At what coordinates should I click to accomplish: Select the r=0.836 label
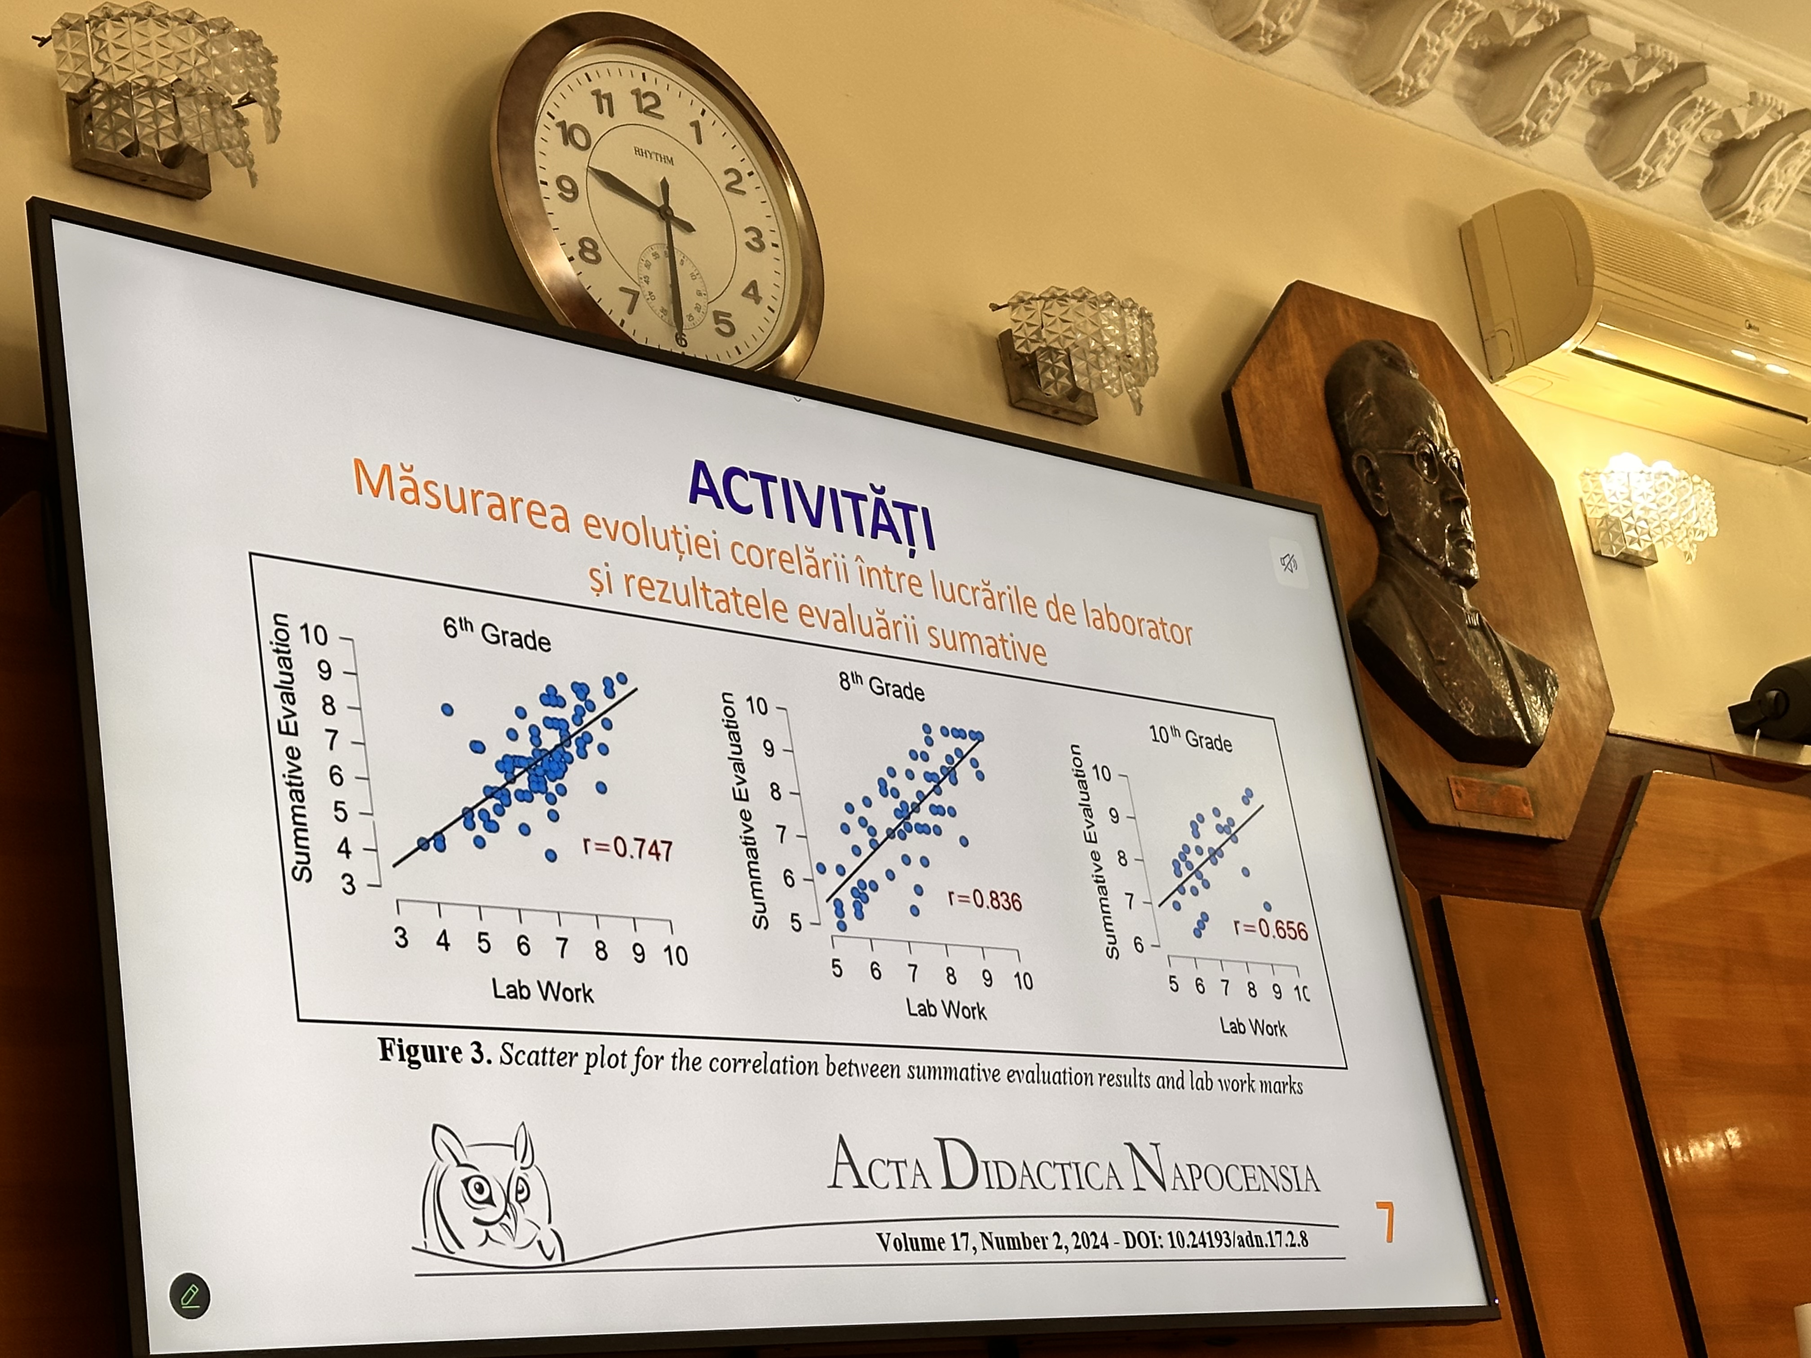click(984, 900)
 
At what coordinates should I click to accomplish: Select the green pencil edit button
click(189, 1296)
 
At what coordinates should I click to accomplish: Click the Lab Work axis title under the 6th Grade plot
click(542, 991)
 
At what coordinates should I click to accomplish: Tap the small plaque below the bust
click(1491, 797)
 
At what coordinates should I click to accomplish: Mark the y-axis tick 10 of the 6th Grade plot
click(313, 635)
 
